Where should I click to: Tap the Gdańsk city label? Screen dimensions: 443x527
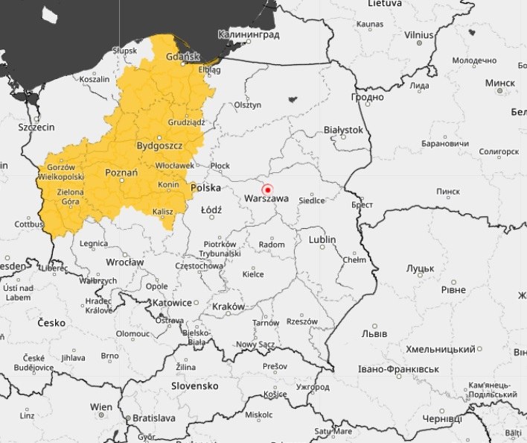[x=182, y=57]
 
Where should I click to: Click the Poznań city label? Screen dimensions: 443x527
[x=122, y=173]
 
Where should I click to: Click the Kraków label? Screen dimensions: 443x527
[x=228, y=307]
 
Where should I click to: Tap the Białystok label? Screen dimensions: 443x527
[x=343, y=130]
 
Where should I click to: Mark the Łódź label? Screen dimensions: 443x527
[x=211, y=210]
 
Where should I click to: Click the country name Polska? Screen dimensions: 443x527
[x=205, y=188]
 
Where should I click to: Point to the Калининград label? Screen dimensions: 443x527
[x=249, y=35]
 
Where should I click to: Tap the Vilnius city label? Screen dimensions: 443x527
[x=419, y=35]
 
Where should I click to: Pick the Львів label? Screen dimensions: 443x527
[x=374, y=333]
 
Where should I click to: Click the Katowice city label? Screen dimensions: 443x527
[x=171, y=303]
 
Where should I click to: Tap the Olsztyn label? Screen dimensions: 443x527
[x=248, y=105]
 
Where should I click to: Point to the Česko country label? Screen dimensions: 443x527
[x=46, y=323]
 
